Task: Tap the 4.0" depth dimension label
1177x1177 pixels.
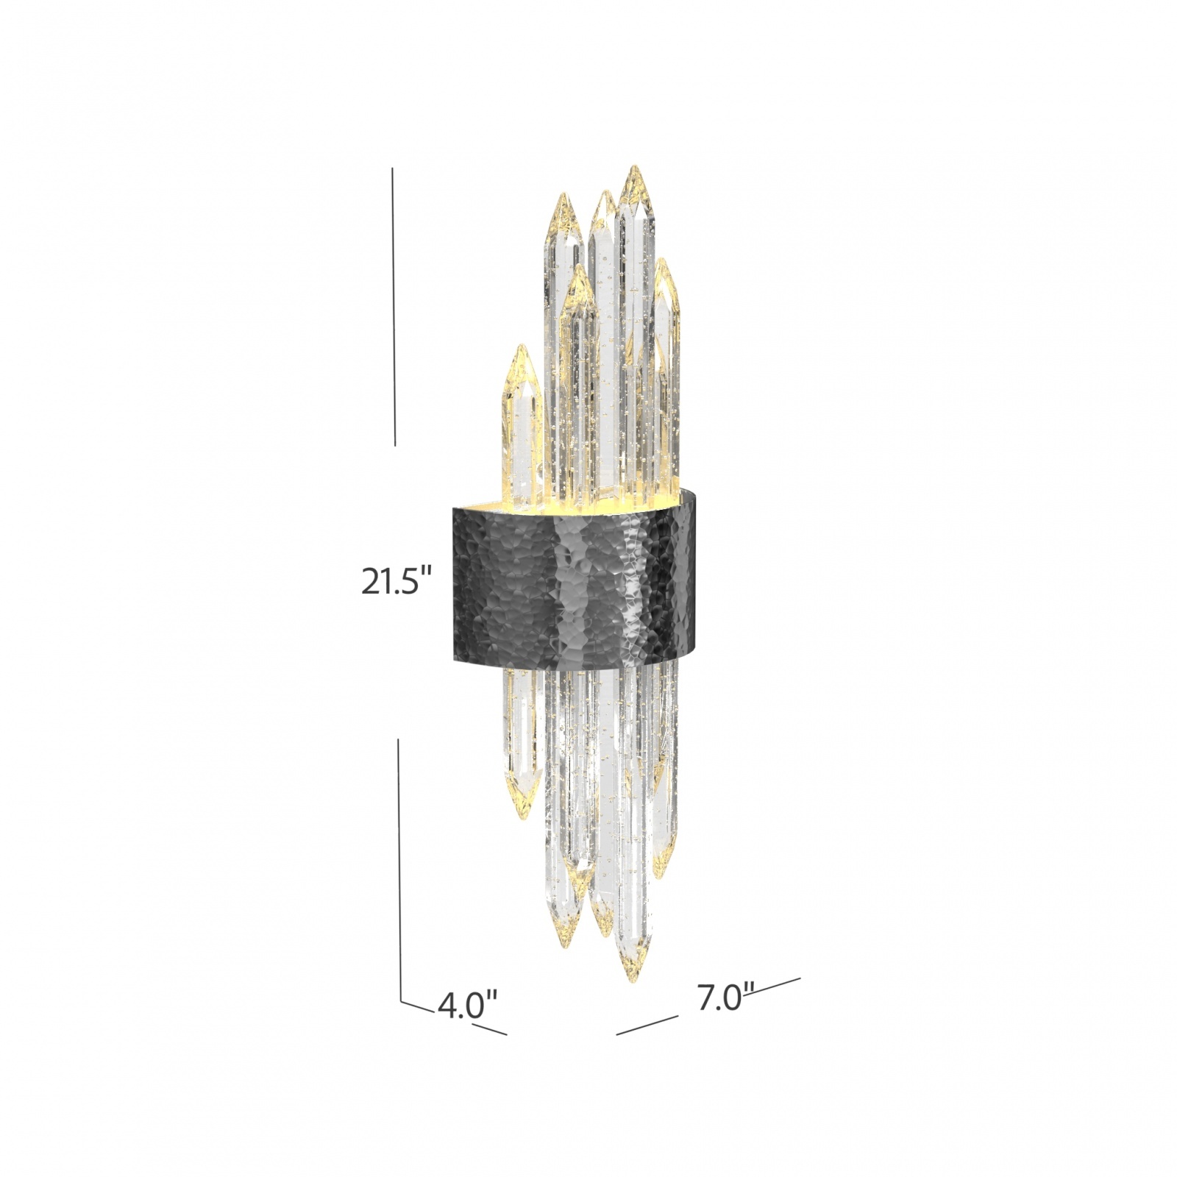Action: pyautogui.click(x=467, y=1005)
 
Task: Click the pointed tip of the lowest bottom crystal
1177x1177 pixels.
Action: pyautogui.click(x=632, y=981)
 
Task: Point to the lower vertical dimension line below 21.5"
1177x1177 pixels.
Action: pyautogui.click(x=399, y=868)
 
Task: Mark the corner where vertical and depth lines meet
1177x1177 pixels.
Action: pyautogui.click(x=402, y=1001)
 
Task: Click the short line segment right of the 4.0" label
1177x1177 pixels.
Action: pyautogui.click(x=489, y=1029)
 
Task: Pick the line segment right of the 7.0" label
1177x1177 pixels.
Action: pyautogui.click(x=778, y=984)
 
